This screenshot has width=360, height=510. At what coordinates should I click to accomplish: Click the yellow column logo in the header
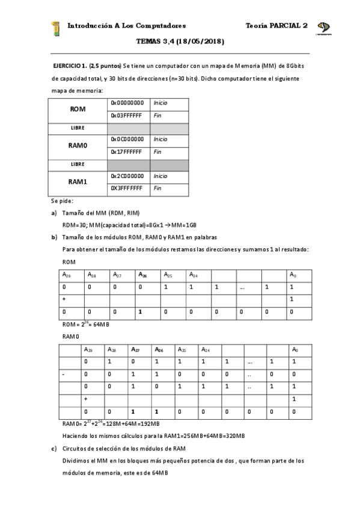(56, 28)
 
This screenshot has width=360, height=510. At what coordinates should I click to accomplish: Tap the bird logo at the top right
(323, 28)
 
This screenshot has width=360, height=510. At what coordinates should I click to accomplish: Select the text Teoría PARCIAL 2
(276, 26)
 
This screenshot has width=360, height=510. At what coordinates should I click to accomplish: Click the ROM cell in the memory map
(78, 109)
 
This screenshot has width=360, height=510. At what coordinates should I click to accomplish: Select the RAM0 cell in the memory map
(78, 146)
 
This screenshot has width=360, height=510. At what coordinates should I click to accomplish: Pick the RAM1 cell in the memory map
(78, 182)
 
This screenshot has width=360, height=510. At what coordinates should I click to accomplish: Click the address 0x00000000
(127, 103)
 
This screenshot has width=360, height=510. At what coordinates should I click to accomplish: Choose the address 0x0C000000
(127, 140)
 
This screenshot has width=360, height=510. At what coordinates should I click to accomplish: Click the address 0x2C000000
(127, 176)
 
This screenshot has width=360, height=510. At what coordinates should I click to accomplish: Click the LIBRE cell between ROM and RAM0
(78, 127)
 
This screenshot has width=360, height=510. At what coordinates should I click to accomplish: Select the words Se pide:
(62, 201)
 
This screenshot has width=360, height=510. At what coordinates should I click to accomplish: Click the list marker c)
(53, 448)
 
